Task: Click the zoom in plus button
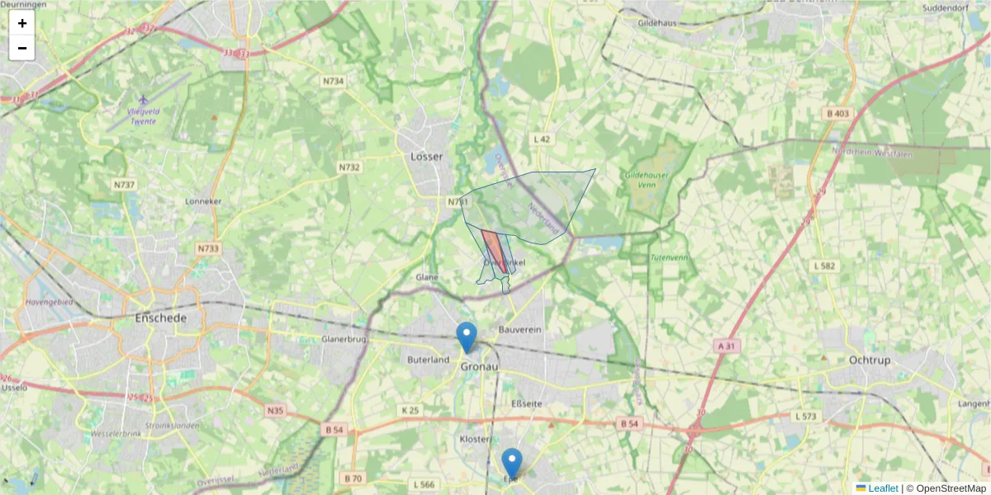22,23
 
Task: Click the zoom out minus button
22,48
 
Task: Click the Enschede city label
161,318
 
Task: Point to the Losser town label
426,156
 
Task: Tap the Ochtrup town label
874,360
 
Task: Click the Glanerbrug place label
344,338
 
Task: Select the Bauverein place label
520,330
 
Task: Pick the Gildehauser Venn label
646,181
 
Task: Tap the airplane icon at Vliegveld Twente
144,100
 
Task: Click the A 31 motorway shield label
726,346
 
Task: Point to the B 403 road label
837,114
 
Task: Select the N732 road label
349,167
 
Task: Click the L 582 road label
825,266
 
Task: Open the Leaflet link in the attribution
883,488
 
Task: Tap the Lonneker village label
204,200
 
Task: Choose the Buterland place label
429,360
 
